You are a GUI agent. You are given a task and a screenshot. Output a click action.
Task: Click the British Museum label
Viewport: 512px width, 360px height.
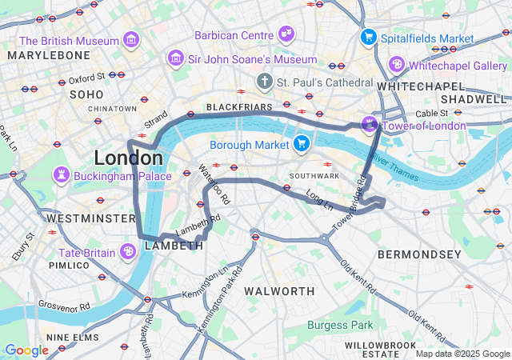[x=70, y=40]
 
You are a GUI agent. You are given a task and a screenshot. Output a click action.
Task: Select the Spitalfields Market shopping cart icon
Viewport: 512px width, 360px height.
[x=368, y=36]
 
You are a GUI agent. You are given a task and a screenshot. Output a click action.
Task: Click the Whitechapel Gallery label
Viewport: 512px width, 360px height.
[x=454, y=65]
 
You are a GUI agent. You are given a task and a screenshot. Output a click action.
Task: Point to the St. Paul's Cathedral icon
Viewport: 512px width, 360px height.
[x=265, y=82]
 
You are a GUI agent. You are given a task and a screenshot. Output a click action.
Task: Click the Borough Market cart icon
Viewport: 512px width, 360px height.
[x=301, y=144]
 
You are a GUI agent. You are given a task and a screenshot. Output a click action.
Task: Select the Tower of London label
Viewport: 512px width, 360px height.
[x=424, y=126]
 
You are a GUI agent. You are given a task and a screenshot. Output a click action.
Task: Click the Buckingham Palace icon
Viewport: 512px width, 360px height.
[x=61, y=174]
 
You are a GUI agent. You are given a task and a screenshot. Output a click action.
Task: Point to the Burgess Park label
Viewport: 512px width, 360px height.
[x=340, y=325]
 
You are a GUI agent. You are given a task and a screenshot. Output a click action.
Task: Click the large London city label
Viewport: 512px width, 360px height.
[x=128, y=158]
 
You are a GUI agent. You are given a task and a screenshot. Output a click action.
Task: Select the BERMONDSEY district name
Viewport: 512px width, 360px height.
[x=419, y=254]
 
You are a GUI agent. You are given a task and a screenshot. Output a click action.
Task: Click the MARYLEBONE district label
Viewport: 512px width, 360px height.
[x=50, y=55]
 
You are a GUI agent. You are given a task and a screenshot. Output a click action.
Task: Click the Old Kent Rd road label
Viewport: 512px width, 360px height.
[x=358, y=277]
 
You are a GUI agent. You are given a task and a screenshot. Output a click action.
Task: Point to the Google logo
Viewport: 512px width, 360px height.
[x=26, y=350]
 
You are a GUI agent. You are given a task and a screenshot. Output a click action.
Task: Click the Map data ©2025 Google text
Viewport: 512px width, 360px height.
[x=462, y=354]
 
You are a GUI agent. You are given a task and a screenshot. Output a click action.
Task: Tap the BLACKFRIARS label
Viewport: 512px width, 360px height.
[x=234, y=106]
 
